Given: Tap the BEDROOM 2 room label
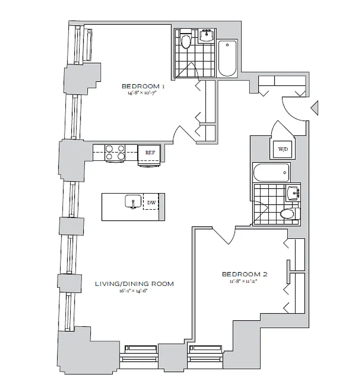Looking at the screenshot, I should point(244,274).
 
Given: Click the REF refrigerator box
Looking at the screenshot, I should point(150,153).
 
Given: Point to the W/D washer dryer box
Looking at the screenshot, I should point(282,149).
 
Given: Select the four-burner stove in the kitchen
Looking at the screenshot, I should point(116,153).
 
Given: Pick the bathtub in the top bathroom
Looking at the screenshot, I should point(227,58).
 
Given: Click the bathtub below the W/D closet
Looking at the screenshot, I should point(271,173).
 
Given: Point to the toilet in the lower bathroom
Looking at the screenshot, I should point(288,214).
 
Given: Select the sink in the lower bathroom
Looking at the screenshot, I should point(293,192).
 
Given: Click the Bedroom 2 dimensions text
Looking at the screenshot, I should point(244,281).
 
